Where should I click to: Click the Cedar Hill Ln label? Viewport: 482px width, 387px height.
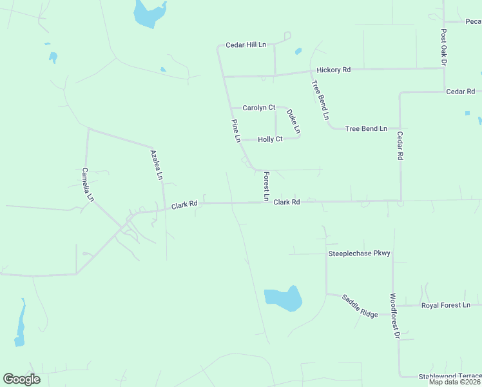pos(246,45)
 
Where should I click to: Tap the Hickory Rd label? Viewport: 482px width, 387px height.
pos(333,70)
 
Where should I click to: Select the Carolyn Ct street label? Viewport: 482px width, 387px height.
pos(259,108)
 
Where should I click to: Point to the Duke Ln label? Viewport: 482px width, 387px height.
pos(293,121)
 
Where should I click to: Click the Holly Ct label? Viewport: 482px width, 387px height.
pos(270,139)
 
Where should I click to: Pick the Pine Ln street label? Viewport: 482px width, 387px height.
pos(236,130)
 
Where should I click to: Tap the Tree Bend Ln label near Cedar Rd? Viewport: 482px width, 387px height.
pos(366,129)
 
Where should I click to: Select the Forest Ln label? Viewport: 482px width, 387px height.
pos(265,186)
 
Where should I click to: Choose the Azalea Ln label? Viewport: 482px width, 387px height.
pos(157,164)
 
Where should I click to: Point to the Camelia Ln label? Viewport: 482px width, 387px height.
pos(88,185)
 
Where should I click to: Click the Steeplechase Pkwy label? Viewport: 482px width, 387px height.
pos(360,253)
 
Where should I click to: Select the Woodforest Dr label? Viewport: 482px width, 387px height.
pos(394,317)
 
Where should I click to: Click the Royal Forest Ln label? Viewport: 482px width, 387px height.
pos(446,305)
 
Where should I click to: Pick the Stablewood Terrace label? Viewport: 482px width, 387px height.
pos(450,376)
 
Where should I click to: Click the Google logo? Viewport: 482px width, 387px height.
pos(21,379)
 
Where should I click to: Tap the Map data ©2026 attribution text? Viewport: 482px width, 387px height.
pos(454,382)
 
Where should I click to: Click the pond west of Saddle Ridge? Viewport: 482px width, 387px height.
pos(283,299)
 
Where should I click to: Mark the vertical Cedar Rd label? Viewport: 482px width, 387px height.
pos(400,146)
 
